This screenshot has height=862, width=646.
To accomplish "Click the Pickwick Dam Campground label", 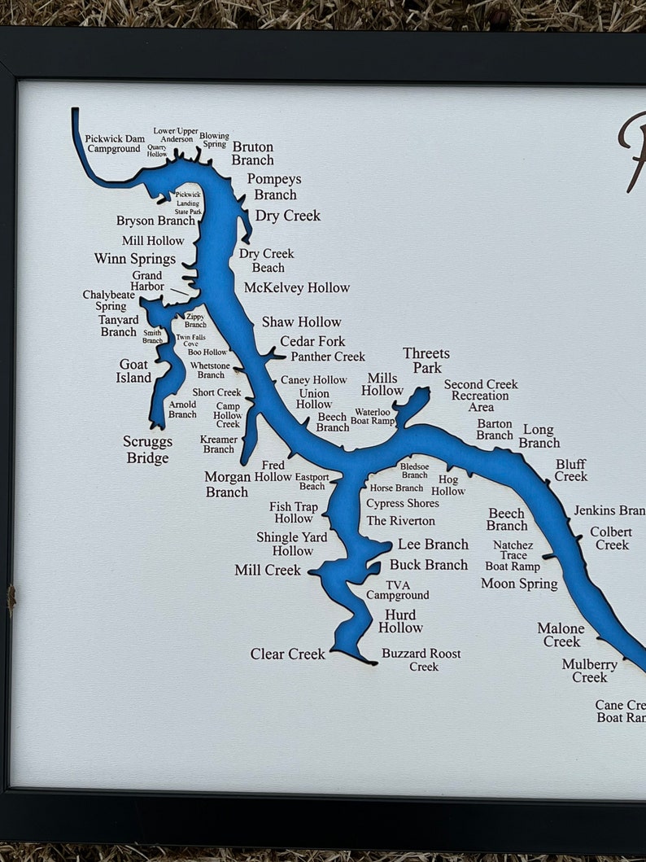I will click(114, 144).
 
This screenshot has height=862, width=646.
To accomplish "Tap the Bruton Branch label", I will click(252, 153).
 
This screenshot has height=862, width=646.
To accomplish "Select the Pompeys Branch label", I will click(274, 186).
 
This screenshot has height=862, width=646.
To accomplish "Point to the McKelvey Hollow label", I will click(297, 287).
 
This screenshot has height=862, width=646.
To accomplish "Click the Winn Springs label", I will click(135, 259).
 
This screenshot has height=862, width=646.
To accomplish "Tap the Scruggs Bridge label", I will click(147, 449).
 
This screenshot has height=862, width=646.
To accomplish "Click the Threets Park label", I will click(426, 361).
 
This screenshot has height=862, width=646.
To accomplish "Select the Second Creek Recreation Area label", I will click(481, 396).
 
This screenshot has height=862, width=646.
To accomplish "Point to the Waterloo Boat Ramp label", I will click(373, 416).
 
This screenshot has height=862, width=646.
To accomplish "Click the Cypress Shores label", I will click(402, 503).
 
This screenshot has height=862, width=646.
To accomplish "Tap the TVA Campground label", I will click(398, 590).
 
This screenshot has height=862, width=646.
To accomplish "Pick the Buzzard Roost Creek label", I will click(421, 659).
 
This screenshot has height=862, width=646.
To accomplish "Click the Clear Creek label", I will click(287, 654).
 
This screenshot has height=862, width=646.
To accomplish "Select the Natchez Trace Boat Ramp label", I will click(513, 555).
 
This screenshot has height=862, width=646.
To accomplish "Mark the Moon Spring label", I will click(519, 583).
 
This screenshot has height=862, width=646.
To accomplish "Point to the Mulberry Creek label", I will click(589, 671).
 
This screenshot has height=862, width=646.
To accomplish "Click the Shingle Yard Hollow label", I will click(291, 544).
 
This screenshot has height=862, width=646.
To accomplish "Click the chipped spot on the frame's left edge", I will click(11, 598).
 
